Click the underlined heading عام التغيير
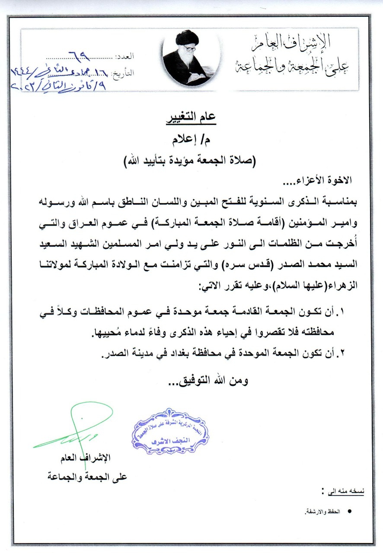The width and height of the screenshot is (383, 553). coord(191,118)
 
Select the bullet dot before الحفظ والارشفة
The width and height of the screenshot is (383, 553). coord(349,511)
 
